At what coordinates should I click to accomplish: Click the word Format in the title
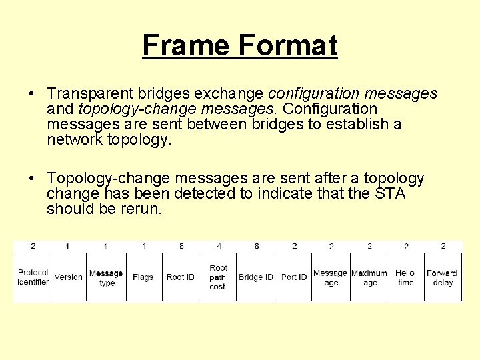(287, 45)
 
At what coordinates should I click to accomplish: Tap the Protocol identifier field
(33, 277)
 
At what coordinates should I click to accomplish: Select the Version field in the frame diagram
(68, 277)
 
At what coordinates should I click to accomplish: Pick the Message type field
(106, 277)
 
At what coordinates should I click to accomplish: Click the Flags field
(143, 277)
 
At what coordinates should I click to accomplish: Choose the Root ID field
(180, 277)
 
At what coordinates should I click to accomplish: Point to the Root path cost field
(218, 277)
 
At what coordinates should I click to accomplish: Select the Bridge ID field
(256, 277)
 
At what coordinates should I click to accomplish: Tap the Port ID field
(294, 277)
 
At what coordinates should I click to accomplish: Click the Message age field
(331, 277)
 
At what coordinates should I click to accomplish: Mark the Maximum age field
(369, 277)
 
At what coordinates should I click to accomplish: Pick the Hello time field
(405, 277)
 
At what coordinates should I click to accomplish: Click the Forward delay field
(442, 277)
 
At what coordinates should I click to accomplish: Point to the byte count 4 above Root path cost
(219, 246)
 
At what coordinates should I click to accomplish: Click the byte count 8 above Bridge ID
(257, 246)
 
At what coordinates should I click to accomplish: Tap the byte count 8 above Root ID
(181, 246)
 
